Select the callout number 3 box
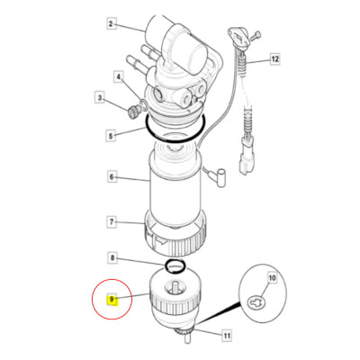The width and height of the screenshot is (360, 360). (x=99, y=96)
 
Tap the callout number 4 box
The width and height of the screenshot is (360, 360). (x=118, y=78)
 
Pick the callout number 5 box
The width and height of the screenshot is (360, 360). (x=112, y=136)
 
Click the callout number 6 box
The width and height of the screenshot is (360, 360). (x=112, y=177)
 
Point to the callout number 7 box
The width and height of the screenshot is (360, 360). (x=112, y=221)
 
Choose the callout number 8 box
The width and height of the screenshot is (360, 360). (x=112, y=258)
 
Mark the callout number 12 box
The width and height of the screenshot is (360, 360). (x=274, y=59)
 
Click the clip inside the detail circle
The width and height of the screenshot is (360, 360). (x=257, y=304)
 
